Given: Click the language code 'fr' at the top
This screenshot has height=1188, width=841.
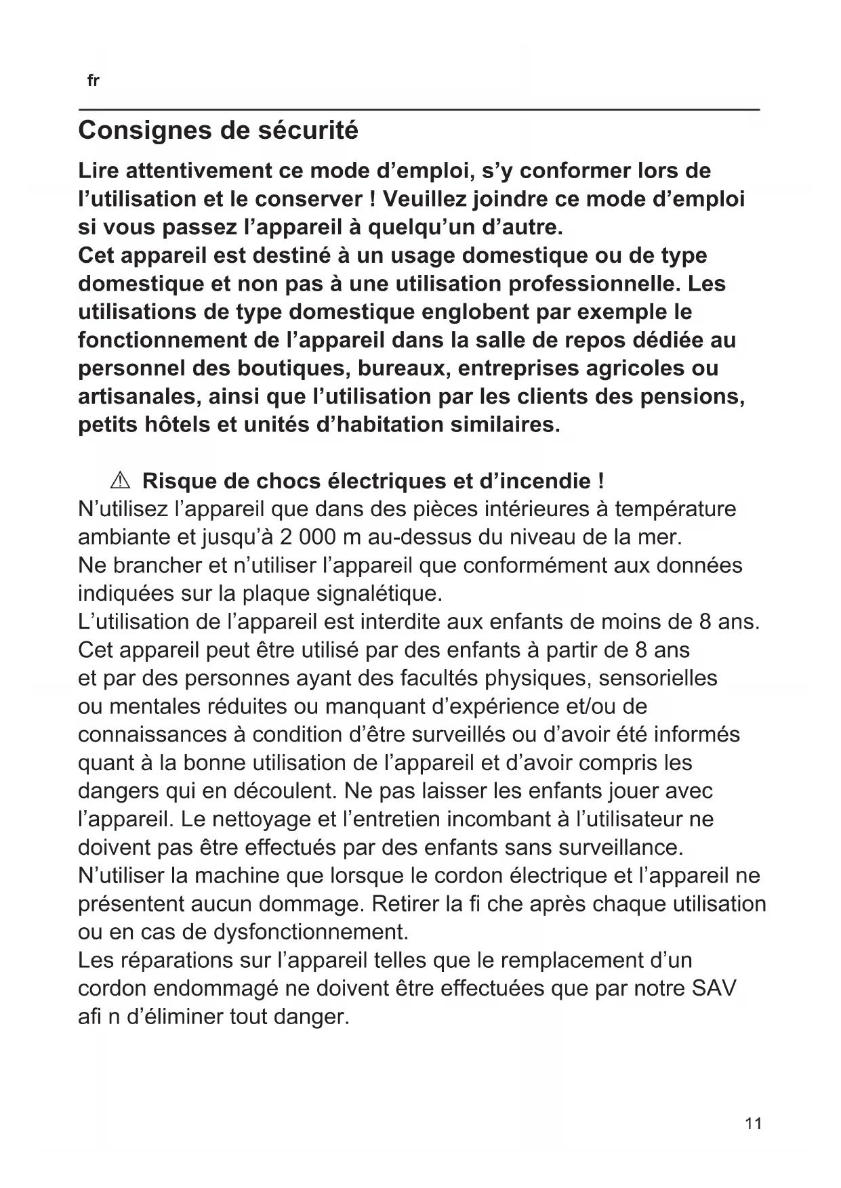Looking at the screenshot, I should (x=94, y=81).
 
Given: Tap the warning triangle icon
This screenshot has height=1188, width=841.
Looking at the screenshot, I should (x=119, y=482).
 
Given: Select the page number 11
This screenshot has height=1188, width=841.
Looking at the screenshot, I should (x=753, y=1124).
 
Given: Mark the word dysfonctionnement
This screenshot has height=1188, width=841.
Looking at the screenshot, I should (x=311, y=933).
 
